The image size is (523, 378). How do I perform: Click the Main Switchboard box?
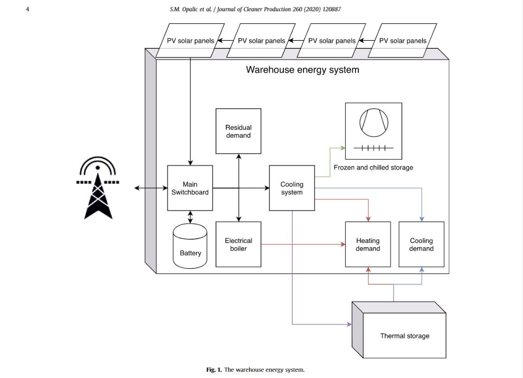click(x=190, y=188)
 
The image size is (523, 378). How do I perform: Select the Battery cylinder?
click(x=190, y=246)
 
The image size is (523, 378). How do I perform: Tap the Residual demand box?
click(x=238, y=131)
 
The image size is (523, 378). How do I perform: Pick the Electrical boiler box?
click(x=238, y=244)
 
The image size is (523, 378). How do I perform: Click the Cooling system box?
click(x=292, y=188)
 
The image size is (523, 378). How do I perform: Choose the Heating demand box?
click(x=368, y=244)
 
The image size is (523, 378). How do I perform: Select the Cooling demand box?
click(x=421, y=244)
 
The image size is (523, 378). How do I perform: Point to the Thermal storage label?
click(x=404, y=336)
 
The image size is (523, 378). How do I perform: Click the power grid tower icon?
click(x=98, y=190)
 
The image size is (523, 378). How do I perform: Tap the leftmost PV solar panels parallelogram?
click(x=190, y=41)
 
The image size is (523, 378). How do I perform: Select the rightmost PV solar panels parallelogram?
click(x=402, y=41)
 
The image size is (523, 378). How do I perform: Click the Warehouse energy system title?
click(x=303, y=70)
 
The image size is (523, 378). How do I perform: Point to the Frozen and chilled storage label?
click(x=373, y=167)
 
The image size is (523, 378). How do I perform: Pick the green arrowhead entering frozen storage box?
click(x=342, y=148)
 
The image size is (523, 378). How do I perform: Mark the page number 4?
click(x=27, y=9)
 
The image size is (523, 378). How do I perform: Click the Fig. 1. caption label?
click(x=214, y=370)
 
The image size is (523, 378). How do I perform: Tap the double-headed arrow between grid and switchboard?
click(x=151, y=188)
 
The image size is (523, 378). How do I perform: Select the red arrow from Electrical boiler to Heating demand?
click(x=300, y=244)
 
